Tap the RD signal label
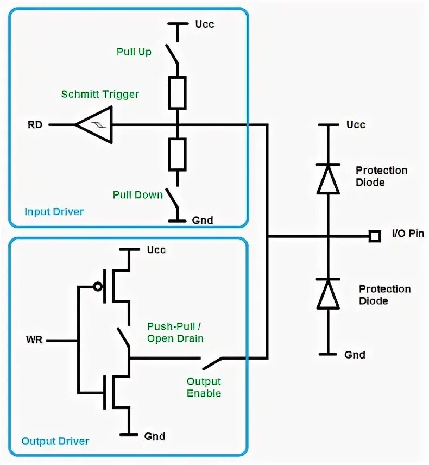coord(35,125)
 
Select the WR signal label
coord(35,341)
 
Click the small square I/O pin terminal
coord(374,236)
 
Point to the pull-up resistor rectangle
coord(177,92)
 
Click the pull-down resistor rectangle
coord(177,154)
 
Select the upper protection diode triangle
coord(328,179)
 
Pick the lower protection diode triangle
coord(328,294)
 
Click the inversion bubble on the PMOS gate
coord(97,286)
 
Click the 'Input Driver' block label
coord(54,211)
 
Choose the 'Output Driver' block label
coord(55,441)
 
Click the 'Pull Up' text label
coord(134,52)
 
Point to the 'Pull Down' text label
coord(137,194)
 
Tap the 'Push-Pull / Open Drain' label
coord(175,332)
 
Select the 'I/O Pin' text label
coord(408,234)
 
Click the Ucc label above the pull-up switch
coord(204,24)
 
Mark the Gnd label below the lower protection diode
coord(355,355)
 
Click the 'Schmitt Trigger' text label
coord(100,94)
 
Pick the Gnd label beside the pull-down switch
coord(203,221)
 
